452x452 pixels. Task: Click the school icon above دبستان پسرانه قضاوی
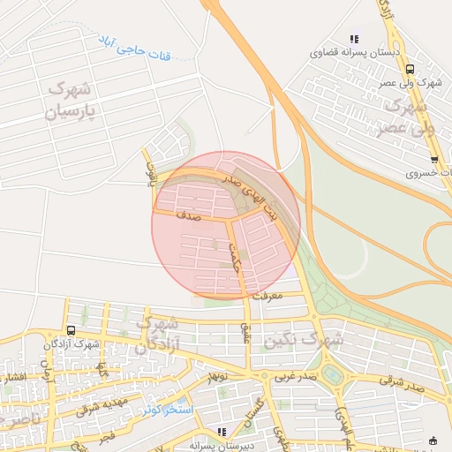coord(354,39)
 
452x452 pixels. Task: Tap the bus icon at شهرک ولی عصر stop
coord(409,69)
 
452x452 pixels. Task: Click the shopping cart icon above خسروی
coord(434,160)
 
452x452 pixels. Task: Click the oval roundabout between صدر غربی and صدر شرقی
coord(333,374)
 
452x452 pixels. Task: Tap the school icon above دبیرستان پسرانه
coord(222,432)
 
